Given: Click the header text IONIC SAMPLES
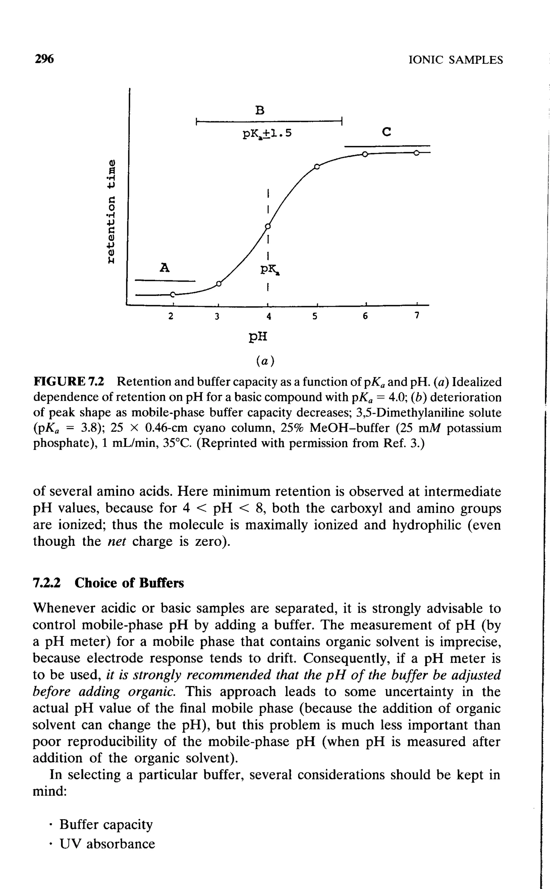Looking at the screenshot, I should click(456, 60).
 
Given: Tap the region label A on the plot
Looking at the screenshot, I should click(165, 268).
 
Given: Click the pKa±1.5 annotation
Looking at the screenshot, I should click(267, 134).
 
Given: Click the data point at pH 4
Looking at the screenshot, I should click(268, 226).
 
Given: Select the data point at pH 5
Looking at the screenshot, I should click(317, 167).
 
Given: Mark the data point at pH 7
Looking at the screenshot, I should click(417, 153).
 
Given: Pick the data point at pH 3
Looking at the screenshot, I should click(218, 283).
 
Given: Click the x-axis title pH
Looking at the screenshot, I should click(258, 337).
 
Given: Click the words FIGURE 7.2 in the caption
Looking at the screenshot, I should click(69, 382).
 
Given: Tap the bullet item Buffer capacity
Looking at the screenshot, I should click(106, 824).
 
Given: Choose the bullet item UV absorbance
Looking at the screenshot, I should click(107, 844).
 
